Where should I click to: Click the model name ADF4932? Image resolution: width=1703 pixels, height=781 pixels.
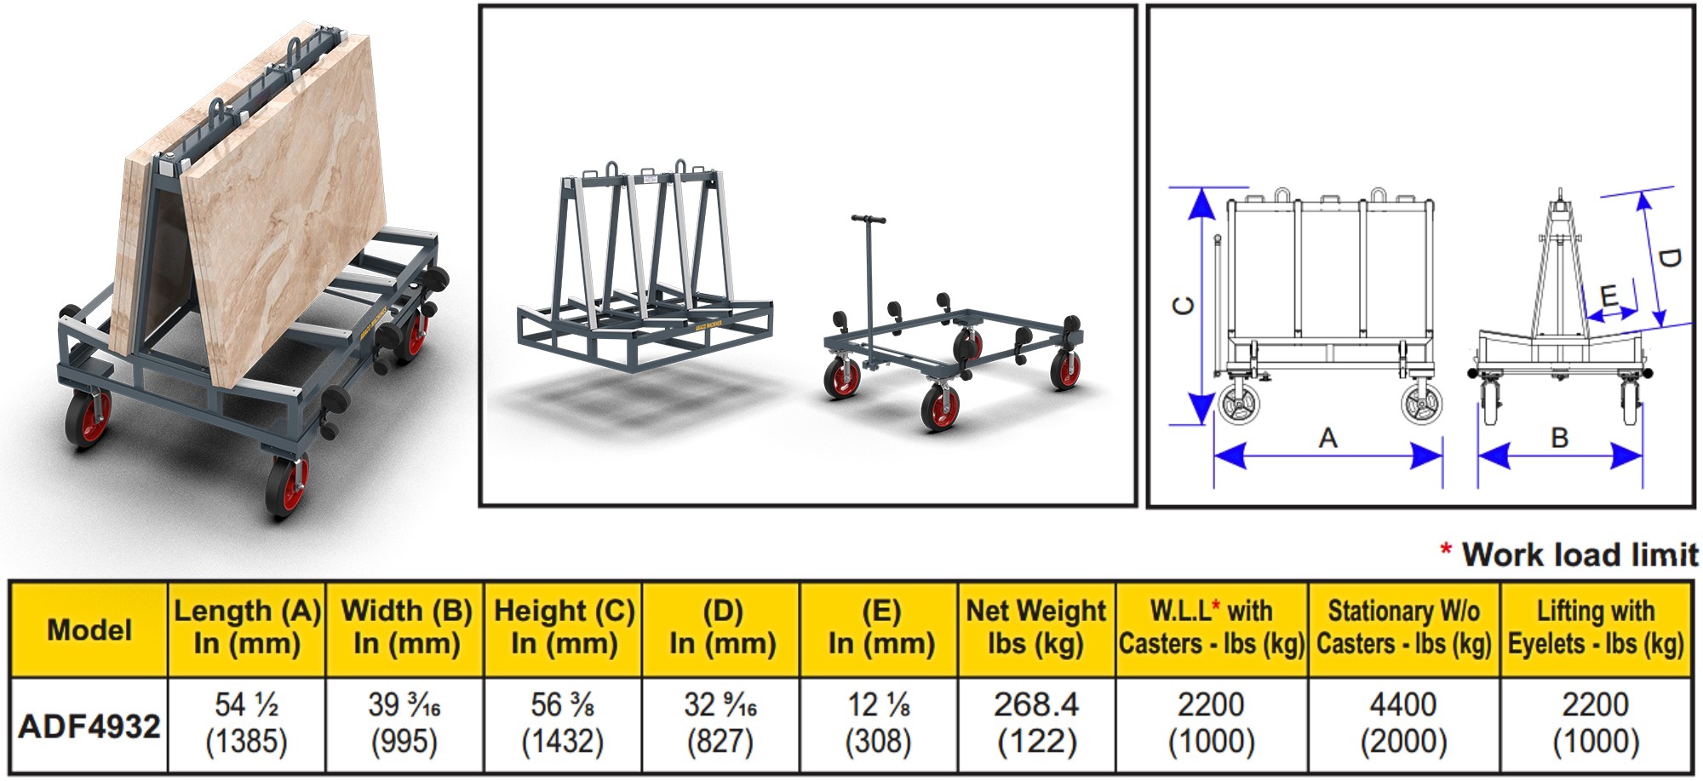click(89, 726)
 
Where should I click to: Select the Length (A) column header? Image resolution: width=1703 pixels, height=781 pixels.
click(247, 627)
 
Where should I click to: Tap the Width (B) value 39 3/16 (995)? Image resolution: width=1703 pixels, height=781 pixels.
click(404, 723)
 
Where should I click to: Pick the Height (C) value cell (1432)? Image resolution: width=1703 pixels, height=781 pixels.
click(563, 723)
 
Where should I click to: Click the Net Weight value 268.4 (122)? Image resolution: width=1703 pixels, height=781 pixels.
click(1036, 723)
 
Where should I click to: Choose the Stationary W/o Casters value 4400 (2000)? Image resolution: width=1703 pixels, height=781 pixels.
click(1403, 723)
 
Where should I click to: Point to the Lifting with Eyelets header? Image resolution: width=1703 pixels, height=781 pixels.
click(1596, 627)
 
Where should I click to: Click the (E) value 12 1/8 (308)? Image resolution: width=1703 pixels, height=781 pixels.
click(879, 723)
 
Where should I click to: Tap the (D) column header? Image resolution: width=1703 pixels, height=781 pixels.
click(721, 627)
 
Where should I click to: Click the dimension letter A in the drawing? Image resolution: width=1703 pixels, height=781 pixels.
click(1327, 438)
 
